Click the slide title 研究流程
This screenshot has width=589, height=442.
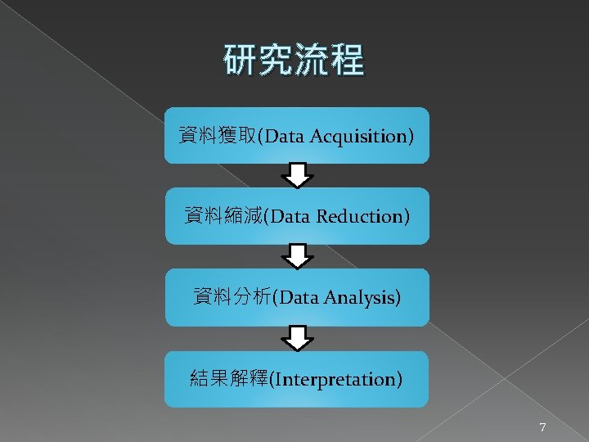(294, 61)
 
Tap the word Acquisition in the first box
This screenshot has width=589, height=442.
(364, 136)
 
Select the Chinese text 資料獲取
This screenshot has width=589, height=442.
(217, 135)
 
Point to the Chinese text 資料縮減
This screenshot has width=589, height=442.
(222, 216)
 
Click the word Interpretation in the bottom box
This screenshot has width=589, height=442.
(339, 380)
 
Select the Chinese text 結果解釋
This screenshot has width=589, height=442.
(227, 379)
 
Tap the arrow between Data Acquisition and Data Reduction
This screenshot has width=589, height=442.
(298, 175)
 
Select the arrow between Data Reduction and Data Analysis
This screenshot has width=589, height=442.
(298, 256)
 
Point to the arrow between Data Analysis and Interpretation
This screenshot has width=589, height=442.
(298, 338)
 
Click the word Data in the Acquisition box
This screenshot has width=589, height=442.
(284, 136)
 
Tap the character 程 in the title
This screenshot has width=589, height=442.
(347, 61)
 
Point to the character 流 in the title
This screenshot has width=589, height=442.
(312, 61)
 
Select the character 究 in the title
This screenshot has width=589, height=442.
(276, 61)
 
